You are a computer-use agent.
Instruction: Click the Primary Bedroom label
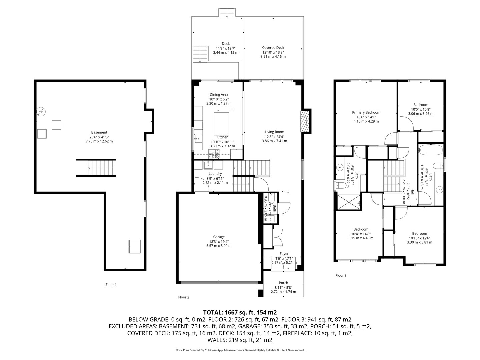[x=366, y=112]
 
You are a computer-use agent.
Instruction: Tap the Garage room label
[x=219, y=237]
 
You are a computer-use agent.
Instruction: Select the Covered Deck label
[x=273, y=48]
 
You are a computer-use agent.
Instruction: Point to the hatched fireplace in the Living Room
[x=305, y=121]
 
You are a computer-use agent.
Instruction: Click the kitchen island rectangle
[x=221, y=124]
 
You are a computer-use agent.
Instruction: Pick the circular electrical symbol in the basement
[x=41, y=112]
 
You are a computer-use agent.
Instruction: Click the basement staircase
[x=96, y=168]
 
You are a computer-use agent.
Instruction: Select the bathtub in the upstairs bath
[x=431, y=150]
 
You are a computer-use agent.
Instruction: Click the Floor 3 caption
[x=341, y=275]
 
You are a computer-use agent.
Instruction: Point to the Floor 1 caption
[x=111, y=285]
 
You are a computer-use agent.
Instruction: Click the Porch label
[x=283, y=283]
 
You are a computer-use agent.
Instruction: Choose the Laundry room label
[x=215, y=174]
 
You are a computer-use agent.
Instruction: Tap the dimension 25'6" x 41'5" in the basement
[x=99, y=137]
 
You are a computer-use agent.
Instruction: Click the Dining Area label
[x=219, y=94]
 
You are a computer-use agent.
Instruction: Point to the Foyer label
[x=284, y=254]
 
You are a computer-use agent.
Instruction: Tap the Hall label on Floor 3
[x=412, y=191]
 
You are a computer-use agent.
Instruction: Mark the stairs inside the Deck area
[x=200, y=54]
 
